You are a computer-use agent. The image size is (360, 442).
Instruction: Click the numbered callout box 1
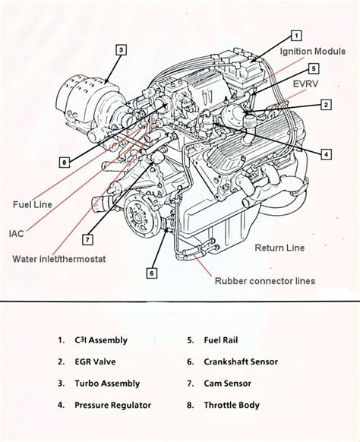[296, 35]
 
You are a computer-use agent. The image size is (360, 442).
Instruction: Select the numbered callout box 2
[326, 105]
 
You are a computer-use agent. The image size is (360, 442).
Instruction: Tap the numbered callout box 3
[121, 49]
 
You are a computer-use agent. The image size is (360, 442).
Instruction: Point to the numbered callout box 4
[326, 154]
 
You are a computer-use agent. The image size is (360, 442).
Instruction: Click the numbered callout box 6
[152, 273]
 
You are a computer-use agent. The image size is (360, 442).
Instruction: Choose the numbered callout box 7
[88, 240]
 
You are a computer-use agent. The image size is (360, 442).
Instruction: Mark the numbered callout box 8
[65, 162]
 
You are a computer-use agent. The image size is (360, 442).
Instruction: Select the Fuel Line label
[32, 204]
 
